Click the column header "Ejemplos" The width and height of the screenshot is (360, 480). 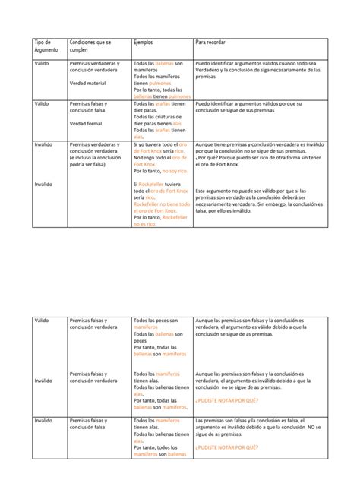[x=143, y=43]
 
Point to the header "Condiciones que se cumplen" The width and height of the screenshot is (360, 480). [x=90, y=48]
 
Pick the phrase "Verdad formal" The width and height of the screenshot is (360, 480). [x=84, y=122]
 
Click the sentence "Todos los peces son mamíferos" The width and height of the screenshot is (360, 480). [x=156, y=324]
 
